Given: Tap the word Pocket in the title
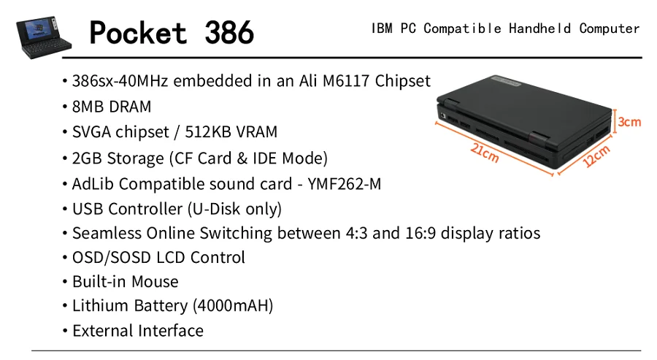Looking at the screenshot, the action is pyautogui.click(x=138, y=32).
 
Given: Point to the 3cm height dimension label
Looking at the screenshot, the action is pyautogui.click(x=629, y=122).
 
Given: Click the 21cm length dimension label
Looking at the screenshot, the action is pyautogui.click(x=485, y=153).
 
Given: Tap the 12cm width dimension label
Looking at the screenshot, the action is pyautogui.click(x=597, y=156).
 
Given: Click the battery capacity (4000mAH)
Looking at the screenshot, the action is pyautogui.click(x=233, y=306).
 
